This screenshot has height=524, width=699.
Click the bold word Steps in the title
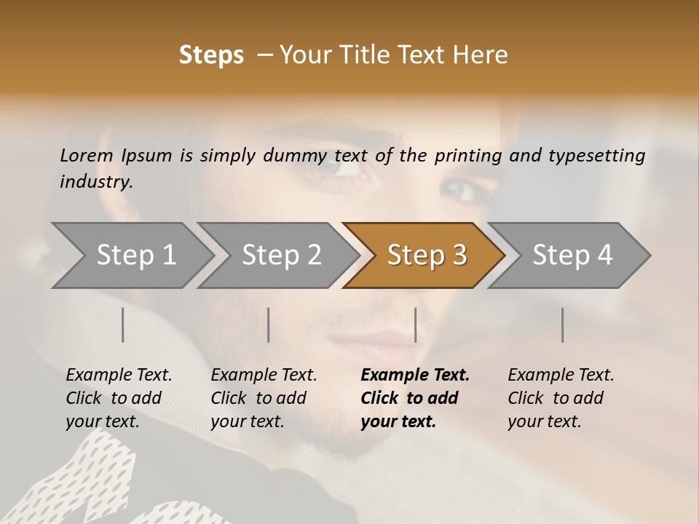point(211,55)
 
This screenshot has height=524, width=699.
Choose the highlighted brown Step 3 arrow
point(427,255)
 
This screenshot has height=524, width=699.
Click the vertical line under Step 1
point(123,325)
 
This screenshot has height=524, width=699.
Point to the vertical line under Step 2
point(269,325)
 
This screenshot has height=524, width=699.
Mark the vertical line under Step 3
point(416,325)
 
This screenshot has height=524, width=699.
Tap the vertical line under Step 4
point(563,325)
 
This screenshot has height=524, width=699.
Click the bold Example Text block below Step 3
point(415,398)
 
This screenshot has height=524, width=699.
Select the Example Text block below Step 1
point(119,398)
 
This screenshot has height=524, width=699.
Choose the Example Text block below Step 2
point(264,398)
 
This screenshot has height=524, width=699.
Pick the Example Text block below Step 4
point(561,398)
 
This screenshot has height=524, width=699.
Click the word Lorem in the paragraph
point(87,155)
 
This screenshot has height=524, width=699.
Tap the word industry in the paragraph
point(95,181)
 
